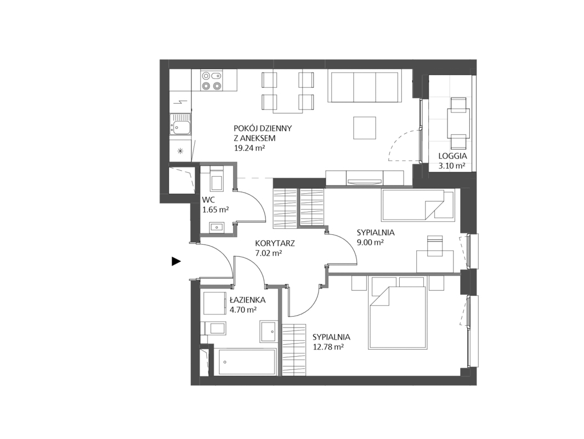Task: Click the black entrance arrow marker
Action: click(176, 262)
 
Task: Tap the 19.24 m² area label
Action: click(249, 148)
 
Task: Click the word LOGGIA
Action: click(452, 156)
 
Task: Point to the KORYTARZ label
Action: click(275, 244)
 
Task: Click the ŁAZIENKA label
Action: click(247, 299)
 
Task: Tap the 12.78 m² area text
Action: click(328, 347)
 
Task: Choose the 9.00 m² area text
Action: click(371, 243)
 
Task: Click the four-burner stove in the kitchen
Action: click(211, 81)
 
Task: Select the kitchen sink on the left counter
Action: click(180, 123)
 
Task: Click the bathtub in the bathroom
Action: click(247, 362)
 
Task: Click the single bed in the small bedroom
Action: click(418, 205)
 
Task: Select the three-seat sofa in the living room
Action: click(365, 86)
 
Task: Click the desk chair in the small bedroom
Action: click(435, 246)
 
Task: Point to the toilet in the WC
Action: click(217, 179)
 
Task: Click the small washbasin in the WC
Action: click(216, 227)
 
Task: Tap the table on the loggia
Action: click(458, 123)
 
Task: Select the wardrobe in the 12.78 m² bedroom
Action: click(294, 351)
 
